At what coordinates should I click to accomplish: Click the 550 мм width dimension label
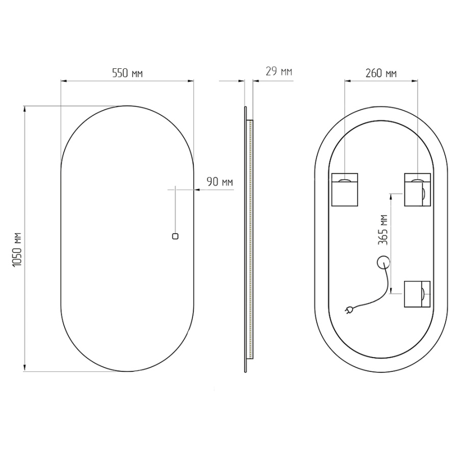click(x=127, y=73)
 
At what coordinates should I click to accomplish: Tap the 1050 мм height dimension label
click(x=17, y=249)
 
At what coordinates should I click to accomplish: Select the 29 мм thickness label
click(x=279, y=71)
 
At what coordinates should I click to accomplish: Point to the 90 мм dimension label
click(x=220, y=182)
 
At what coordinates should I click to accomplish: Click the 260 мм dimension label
click(x=381, y=73)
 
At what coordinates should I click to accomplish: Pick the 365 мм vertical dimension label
click(x=382, y=230)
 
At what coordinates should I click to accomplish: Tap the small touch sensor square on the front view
click(x=175, y=236)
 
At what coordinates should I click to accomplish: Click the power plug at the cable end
click(x=349, y=309)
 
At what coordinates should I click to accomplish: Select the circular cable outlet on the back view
click(x=383, y=262)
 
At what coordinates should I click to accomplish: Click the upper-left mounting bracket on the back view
click(x=345, y=190)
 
